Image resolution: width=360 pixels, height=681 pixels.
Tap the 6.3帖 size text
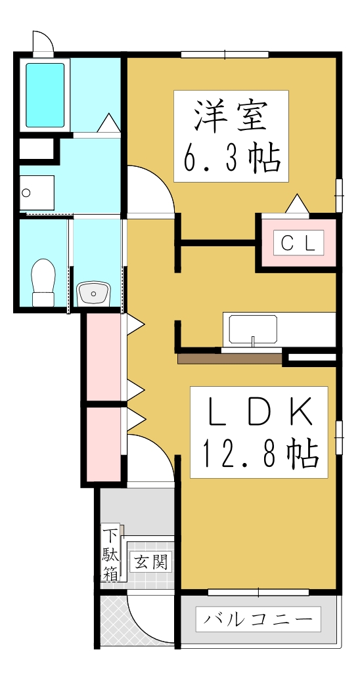(x=231, y=158)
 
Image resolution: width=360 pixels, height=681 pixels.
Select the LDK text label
(x=258, y=412)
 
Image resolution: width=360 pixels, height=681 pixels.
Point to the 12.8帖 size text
(x=259, y=453)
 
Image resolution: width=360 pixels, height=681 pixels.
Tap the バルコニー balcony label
(x=258, y=619)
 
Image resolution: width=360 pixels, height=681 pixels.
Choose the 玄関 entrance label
(x=150, y=562)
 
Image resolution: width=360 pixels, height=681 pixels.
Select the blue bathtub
(x=45, y=95)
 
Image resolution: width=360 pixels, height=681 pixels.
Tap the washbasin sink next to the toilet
(x=95, y=293)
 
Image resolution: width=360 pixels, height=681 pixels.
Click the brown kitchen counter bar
(x=229, y=359)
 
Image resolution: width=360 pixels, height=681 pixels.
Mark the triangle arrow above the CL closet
(x=297, y=204)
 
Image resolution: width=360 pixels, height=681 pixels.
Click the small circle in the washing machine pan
(x=26, y=193)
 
